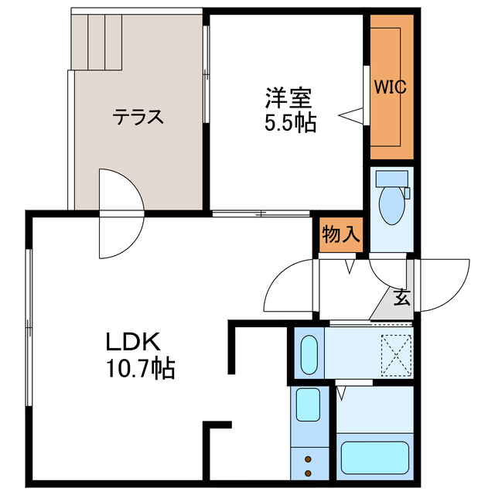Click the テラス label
138,118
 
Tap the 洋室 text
288,98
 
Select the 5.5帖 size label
288,122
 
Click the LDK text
133,341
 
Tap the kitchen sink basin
308,405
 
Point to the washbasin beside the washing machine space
309,354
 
